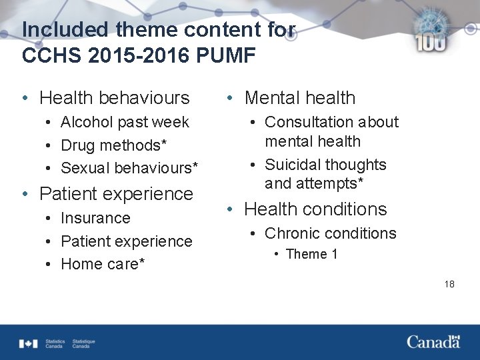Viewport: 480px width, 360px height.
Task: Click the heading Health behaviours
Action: (115, 98)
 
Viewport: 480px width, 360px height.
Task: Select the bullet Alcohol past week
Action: (125, 122)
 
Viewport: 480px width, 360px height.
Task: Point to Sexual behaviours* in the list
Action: (129, 168)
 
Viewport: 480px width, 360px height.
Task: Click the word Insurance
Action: (95, 218)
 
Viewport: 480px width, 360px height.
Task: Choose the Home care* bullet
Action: (103, 264)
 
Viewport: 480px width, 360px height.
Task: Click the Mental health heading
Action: (300, 98)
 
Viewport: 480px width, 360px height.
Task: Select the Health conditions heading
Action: (315, 209)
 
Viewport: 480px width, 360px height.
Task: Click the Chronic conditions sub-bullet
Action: (330, 233)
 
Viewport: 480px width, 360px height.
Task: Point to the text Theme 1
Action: (311, 254)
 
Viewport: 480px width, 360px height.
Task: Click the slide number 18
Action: (449, 284)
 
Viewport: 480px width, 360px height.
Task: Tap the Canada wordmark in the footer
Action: (433, 342)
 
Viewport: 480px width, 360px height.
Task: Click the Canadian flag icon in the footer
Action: (29, 343)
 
